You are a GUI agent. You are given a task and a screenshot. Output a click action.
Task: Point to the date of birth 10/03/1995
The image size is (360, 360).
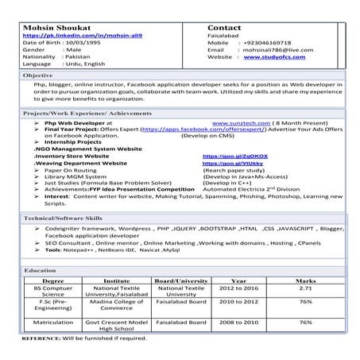click(x=85, y=43)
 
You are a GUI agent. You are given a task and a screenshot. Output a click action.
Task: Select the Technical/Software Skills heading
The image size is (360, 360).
click(x=63, y=217)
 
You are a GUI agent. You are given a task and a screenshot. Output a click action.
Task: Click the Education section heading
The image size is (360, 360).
click(x=40, y=271)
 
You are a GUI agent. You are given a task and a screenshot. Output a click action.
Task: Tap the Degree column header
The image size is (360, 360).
click(x=52, y=281)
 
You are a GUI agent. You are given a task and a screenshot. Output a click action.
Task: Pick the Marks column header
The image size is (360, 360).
click(x=305, y=281)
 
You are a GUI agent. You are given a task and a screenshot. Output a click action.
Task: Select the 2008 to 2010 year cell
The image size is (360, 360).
click(x=238, y=323)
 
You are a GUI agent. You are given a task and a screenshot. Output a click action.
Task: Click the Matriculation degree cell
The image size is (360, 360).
click(x=53, y=323)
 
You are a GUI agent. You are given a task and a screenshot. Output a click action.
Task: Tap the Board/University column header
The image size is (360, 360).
click(x=181, y=281)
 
